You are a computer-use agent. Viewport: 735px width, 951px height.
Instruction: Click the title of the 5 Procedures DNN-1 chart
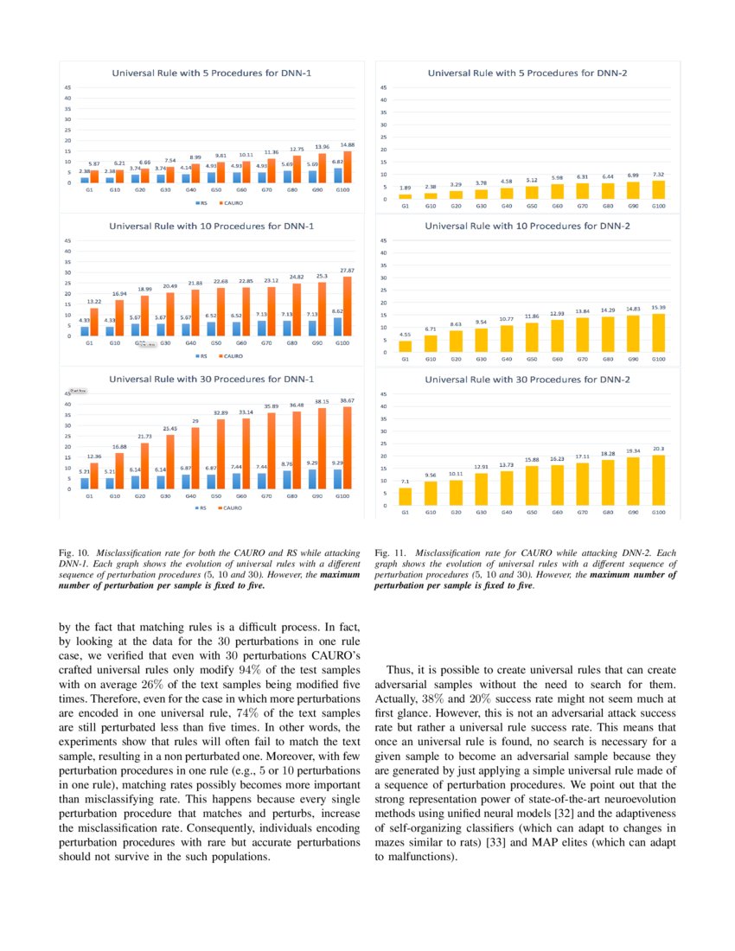coord(211,73)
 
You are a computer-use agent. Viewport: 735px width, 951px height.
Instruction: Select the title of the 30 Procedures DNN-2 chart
coord(527,379)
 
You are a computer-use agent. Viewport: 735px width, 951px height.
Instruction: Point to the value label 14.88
coord(347,144)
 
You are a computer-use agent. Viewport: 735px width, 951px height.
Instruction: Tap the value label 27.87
coord(347,271)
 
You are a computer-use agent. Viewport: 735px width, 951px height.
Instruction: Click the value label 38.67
coord(347,400)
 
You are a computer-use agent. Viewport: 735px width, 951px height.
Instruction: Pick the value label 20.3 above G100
coord(659,448)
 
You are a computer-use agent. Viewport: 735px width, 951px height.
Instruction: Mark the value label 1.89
coord(405,188)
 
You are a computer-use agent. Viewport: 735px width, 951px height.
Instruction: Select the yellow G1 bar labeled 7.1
coord(405,496)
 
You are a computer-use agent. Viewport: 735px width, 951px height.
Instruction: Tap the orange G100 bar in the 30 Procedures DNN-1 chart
coord(348,448)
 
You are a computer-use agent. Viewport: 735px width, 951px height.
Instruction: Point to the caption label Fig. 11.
coord(390,552)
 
